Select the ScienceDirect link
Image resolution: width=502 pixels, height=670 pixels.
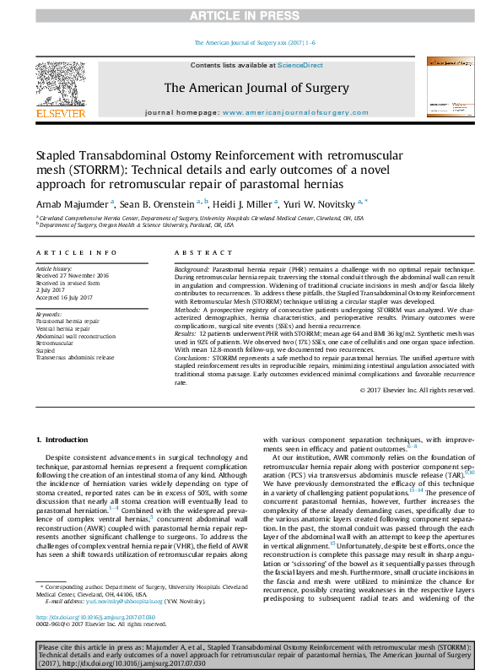coord(300,65)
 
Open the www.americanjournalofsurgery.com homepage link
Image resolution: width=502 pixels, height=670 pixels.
coord(302,111)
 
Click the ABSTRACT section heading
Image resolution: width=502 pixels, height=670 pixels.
coord(197,252)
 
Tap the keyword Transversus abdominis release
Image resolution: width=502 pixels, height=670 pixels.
coord(78,357)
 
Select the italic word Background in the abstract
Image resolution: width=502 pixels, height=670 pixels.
coord(193,267)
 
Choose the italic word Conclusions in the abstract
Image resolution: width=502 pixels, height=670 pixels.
coord(195,358)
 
